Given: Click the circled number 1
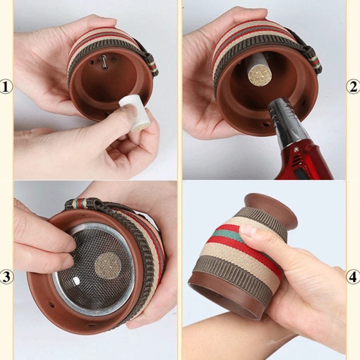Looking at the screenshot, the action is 6,86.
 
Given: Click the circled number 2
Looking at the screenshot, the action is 353,86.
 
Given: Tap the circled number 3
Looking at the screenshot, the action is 6,277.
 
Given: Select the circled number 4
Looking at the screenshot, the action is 353,277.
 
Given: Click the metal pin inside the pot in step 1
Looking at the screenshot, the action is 103,62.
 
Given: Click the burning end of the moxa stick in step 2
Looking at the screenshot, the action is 258,77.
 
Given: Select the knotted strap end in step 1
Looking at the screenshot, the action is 150,64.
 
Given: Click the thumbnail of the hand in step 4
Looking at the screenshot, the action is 247,230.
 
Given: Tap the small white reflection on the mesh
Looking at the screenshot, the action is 75,281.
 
